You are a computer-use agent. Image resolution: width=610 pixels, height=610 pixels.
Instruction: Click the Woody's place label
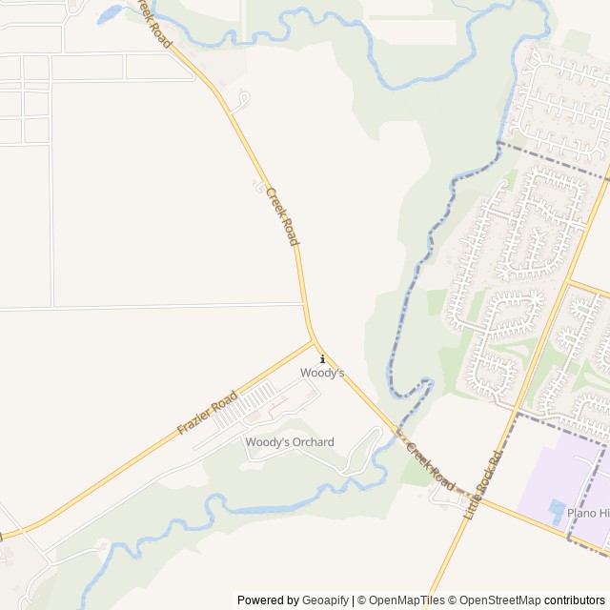click(322, 374)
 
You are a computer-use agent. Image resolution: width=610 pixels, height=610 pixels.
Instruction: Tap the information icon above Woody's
click(323, 359)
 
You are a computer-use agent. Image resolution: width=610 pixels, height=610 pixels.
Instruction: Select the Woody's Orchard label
click(290, 442)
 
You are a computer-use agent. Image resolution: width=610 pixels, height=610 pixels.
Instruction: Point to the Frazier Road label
click(207, 414)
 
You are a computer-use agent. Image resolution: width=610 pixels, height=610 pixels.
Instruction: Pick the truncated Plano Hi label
click(587, 513)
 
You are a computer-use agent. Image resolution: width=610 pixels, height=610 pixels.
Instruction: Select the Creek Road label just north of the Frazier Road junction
click(282, 216)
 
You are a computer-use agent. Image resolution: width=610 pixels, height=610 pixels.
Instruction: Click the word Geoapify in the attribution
click(325, 600)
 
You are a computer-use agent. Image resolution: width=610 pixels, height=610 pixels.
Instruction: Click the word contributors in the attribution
click(575, 600)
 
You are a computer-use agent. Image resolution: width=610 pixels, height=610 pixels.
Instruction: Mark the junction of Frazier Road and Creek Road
click(315, 341)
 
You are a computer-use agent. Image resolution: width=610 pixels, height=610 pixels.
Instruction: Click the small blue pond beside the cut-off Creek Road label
click(108, 13)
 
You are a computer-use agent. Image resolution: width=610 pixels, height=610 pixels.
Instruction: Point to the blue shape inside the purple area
click(557, 511)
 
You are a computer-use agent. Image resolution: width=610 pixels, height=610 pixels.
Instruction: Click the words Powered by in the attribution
click(268, 600)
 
